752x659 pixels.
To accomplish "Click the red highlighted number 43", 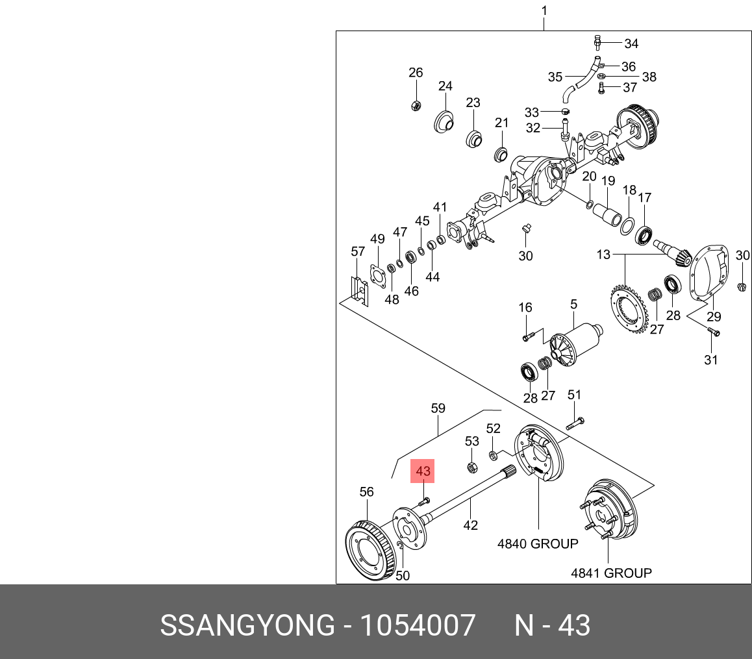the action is [423, 471].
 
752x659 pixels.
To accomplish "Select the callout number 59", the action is [438, 408].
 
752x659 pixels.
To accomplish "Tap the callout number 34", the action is [631, 44].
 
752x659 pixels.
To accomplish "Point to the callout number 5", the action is [574, 304].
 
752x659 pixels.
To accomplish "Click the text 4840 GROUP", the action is [538, 543].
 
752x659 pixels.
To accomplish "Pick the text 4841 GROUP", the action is [611, 573].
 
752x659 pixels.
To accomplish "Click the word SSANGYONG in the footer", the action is [246, 626].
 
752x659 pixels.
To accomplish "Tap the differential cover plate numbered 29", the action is [708, 273].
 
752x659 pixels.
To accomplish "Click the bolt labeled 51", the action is [575, 423].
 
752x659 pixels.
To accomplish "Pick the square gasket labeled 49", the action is [377, 275].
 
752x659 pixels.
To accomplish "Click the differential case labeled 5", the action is [574, 344].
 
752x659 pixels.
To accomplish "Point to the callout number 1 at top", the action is [544, 10].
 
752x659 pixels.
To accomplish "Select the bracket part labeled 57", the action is [358, 290].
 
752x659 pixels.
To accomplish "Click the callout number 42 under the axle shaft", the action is [470, 525].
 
